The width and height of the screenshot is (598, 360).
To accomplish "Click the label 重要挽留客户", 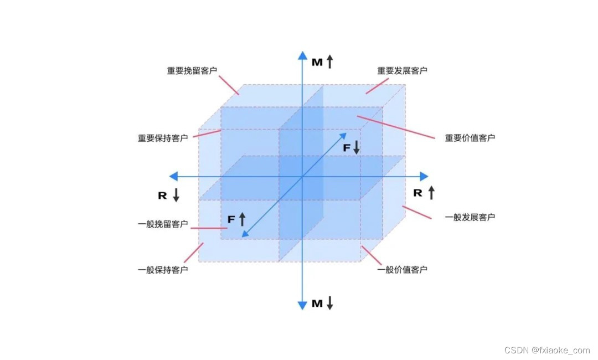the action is [x=192, y=71].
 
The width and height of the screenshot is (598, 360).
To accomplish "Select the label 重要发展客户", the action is [x=403, y=71].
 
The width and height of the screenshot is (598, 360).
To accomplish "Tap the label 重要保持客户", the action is [x=163, y=138].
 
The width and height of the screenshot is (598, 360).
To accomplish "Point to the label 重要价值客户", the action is [x=470, y=138].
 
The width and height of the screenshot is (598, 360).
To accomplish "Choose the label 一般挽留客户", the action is [x=163, y=224].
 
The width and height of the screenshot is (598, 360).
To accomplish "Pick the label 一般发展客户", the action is [x=470, y=217].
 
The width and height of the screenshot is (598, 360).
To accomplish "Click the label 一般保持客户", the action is [x=163, y=270].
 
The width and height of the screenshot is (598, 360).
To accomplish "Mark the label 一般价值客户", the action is [x=403, y=270].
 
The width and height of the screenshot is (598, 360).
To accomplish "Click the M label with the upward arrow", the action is [x=322, y=61].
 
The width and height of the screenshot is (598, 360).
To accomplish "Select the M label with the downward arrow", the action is [x=322, y=303].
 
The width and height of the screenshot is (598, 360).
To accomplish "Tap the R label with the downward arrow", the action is [x=168, y=195].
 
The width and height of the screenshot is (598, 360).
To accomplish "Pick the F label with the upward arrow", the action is [x=236, y=219].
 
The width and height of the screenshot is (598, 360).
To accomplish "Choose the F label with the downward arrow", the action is [x=351, y=147].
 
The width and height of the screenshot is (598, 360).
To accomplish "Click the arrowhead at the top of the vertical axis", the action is [x=302, y=55].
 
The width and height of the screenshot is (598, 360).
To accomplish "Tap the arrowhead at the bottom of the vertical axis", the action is [x=302, y=305].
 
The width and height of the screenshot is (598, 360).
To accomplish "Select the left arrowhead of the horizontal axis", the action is [x=173, y=176].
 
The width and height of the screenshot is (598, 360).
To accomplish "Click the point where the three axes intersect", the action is [x=302, y=176].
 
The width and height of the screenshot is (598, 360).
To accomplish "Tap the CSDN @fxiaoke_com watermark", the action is [x=547, y=350].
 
